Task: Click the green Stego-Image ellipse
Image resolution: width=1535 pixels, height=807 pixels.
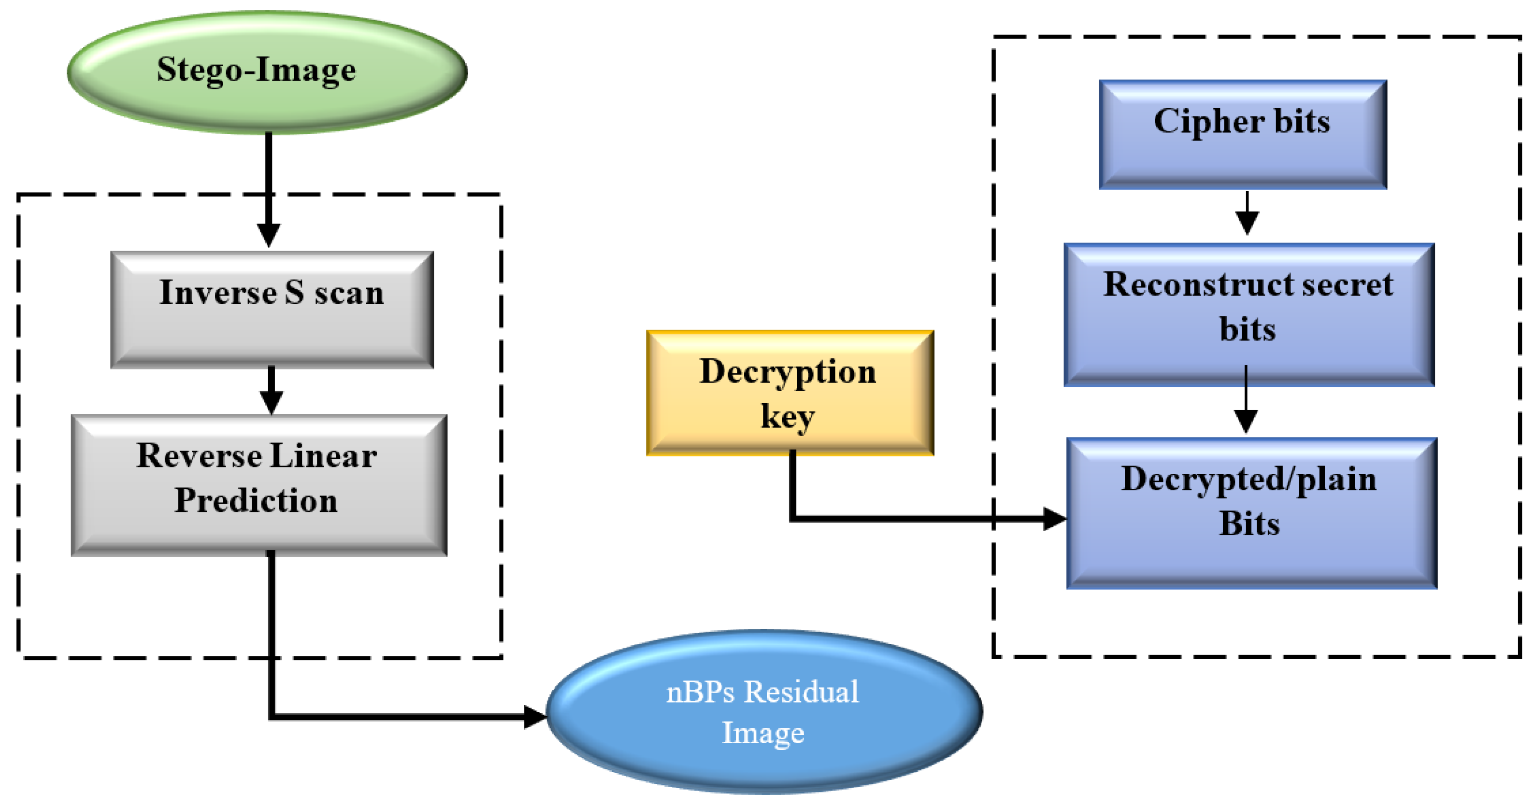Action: [267, 72]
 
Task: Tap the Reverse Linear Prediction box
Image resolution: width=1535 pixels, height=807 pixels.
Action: [259, 485]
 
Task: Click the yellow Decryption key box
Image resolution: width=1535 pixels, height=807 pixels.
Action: [789, 393]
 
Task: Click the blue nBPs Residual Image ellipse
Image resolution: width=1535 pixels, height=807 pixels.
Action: [764, 712]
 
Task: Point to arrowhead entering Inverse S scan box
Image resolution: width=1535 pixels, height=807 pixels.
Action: [269, 235]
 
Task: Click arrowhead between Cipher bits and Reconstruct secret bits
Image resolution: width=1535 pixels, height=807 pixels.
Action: [1247, 223]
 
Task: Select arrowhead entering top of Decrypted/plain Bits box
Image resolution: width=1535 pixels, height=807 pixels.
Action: [1246, 421]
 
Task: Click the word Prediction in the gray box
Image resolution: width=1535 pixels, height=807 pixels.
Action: [256, 500]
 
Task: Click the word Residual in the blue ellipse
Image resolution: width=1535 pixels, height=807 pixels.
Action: [802, 692]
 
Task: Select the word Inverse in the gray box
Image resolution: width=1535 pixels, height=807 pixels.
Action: [217, 293]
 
